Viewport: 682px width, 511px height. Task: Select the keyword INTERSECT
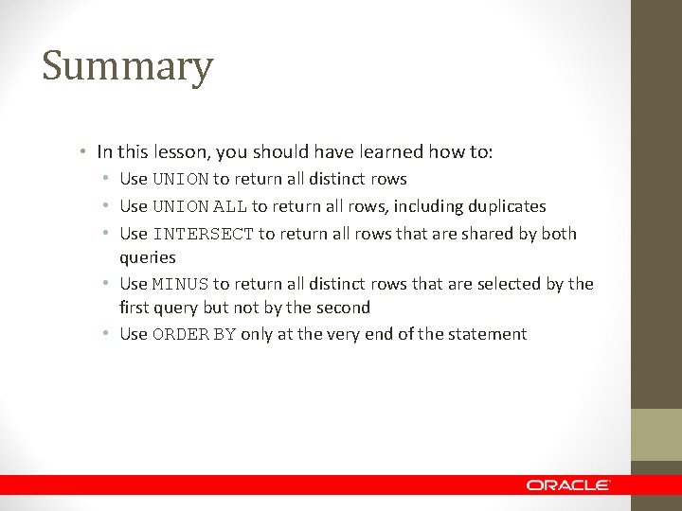point(203,234)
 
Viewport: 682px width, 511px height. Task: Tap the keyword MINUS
point(180,284)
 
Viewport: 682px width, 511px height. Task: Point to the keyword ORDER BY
point(194,334)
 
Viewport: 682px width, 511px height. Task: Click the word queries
point(147,257)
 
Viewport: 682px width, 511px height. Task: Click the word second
point(344,308)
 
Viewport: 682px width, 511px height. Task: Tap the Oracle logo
point(568,485)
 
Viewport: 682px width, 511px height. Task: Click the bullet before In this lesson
point(84,151)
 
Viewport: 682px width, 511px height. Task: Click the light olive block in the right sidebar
point(656,434)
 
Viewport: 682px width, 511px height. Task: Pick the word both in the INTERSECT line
point(558,234)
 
